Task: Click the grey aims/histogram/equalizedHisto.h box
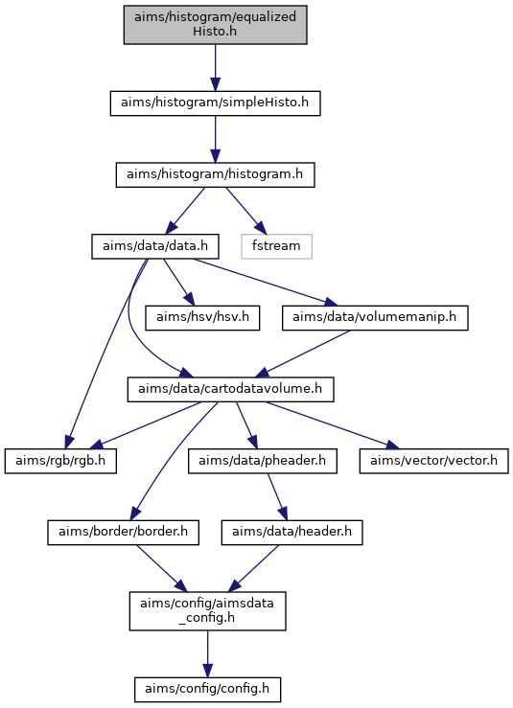(215, 25)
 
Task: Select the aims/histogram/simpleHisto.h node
(215, 103)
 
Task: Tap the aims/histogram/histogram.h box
(215, 174)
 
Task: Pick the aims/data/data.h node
(155, 246)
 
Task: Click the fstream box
(276, 246)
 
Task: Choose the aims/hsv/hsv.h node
(202, 318)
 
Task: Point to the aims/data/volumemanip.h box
(375, 318)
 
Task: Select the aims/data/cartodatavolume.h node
(230, 389)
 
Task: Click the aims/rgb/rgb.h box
(60, 461)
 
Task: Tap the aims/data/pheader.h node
(263, 461)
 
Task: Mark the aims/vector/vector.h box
(434, 461)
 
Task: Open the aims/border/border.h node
(124, 533)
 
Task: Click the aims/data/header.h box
(292, 533)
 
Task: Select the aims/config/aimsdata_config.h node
(207, 611)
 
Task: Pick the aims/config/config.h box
(207, 690)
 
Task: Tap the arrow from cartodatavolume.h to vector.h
(333, 425)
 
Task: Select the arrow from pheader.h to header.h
(277, 496)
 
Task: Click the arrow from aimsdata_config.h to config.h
(207, 653)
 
